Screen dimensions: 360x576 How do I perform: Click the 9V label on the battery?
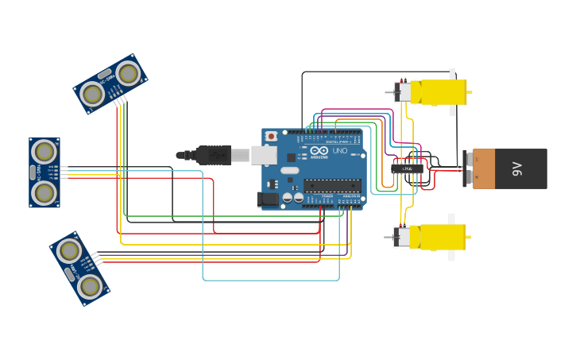pos(517,168)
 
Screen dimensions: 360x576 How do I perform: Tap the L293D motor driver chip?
pos(407,168)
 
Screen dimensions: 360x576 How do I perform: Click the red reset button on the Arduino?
pos(272,136)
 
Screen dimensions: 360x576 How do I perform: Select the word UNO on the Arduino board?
pos(339,150)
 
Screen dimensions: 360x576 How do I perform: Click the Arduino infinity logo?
pos(319,150)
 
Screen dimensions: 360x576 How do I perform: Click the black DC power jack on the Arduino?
pos(268,199)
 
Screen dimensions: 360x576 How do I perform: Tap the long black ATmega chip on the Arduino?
pos(332,185)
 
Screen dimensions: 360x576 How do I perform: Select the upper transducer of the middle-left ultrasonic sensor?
pos(44,151)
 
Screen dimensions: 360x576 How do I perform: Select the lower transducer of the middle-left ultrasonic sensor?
pos(44,192)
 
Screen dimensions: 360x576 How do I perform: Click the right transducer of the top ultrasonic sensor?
pos(128,73)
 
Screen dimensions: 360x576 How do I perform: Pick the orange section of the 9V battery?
pos(484,168)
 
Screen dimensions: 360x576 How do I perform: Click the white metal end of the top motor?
pos(403,92)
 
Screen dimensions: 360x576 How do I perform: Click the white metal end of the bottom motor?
pos(402,237)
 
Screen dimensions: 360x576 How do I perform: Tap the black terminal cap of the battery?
pos(468,168)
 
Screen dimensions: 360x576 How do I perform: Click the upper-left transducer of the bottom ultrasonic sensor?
pos(69,251)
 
